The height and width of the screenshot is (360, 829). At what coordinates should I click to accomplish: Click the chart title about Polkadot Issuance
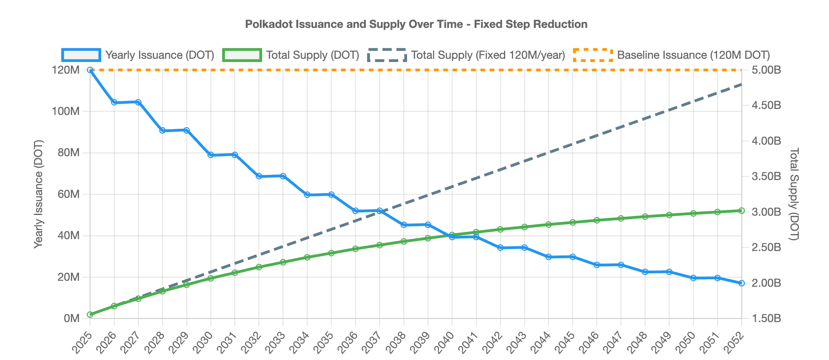pyautogui.click(x=416, y=24)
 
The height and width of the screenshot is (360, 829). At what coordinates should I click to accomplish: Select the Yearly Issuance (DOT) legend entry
pyautogui.click(x=138, y=55)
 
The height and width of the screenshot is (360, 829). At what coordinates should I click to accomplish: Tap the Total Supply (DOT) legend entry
pyautogui.click(x=291, y=55)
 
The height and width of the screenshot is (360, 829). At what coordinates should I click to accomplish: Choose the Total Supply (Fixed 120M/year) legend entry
pyautogui.click(x=466, y=55)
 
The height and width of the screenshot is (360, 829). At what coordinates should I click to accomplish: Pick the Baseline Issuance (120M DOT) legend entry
pyautogui.click(x=671, y=55)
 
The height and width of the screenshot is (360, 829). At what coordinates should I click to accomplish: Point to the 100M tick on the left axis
pyautogui.click(x=67, y=111)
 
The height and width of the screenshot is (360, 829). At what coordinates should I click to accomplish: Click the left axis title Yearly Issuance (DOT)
pyautogui.click(x=38, y=194)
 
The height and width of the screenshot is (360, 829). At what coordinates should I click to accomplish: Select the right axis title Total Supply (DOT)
pyautogui.click(x=793, y=194)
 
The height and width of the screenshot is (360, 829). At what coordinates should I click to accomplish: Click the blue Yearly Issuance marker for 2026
pyautogui.click(x=114, y=102)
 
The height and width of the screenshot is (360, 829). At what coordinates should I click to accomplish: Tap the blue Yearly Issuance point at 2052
pyautogui.click(x=741, y=283)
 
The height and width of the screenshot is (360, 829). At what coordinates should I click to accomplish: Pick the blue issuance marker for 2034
pyautogui.click(x=307, y=195)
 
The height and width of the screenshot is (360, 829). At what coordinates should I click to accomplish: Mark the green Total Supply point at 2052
pyautogui.click(x=741, y=210)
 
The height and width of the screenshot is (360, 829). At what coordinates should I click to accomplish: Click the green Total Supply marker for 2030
pyautogui.click(x=211, y=278)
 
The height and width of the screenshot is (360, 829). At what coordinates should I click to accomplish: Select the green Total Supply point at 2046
pyautogui.click(x=597, y=220)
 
